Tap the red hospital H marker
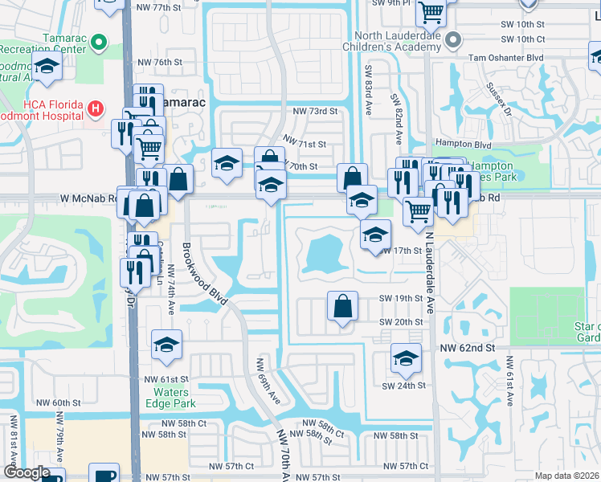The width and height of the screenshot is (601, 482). tap(95, 108)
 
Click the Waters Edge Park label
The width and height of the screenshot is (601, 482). tap(170, 398)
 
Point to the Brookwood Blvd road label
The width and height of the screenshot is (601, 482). tap(202, 272)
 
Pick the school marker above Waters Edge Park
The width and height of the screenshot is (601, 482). tap(166, 345)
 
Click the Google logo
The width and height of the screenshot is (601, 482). tap(27, 472)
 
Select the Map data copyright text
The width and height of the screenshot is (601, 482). tap(567, 476)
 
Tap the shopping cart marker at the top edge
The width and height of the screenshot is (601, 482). tap(431, 11)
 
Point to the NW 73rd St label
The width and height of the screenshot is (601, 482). tap(315, 111)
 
